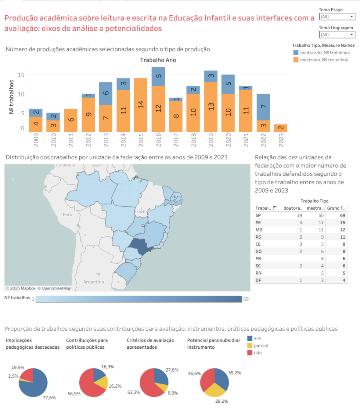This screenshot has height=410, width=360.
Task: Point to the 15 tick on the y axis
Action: [21, 75]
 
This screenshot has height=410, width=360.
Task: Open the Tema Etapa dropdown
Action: [337, 16]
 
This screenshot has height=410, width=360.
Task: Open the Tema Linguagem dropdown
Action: [337, 34]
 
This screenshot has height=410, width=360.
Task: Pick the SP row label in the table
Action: [258, 215]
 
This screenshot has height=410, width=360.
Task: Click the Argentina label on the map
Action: [93, 281]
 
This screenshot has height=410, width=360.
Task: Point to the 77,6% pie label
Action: [50, 397]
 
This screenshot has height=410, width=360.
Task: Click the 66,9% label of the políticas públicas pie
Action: [74, 394]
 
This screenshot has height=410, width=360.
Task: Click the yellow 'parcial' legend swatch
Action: [250, 345]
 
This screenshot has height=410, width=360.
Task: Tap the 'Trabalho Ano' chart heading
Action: [158, 60]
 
